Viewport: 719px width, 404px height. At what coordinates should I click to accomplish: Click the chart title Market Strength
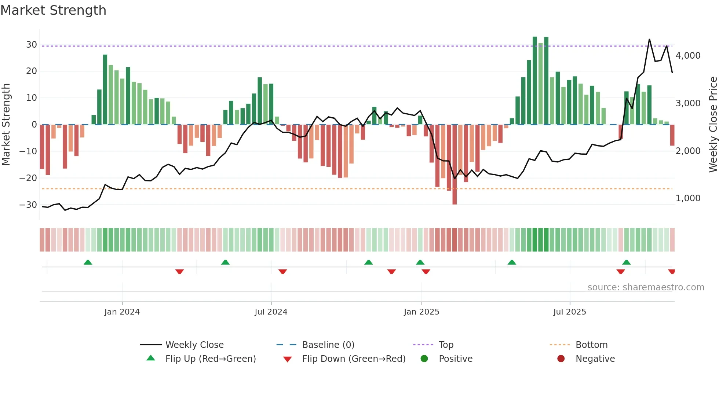[x=53, y=10]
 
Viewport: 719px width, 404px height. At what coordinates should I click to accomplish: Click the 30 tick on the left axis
[x=32, y=45]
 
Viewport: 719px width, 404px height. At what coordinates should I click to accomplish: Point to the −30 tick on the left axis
[x=28, y=205]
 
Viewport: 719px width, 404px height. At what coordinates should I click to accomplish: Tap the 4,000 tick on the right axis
[x=688, y=56]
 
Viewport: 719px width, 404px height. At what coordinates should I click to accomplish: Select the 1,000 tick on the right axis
[x=688, y=198]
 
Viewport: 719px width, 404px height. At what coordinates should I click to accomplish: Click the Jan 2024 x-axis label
[x=122, y=312]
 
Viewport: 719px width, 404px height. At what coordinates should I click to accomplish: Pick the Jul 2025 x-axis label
[x=569, y=312]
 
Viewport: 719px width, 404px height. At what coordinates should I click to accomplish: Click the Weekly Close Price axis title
[x=713, y=125]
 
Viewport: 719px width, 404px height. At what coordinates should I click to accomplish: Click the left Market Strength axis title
[x=6, y=125]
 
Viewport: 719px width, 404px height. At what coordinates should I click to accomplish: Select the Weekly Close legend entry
[x=194, y=345]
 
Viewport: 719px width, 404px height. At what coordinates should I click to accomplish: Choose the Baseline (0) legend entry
[x=328, y=345]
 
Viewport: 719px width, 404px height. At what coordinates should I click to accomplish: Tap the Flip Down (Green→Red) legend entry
[x=353, y=359]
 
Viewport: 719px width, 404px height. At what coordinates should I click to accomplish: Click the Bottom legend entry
[x=591, y=345]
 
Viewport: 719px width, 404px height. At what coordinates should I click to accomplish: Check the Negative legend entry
[x=595, y=359]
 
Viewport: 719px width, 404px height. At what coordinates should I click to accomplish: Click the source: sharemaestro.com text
[x=646, y=287]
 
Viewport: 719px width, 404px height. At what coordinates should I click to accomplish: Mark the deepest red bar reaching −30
[x=455, y=165]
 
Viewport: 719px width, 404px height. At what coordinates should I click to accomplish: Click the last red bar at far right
[x=672, y=135]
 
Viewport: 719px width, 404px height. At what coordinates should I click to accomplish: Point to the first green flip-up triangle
[x=88, y=262]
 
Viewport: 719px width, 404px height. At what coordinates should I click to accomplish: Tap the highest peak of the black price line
[x=649, y=40]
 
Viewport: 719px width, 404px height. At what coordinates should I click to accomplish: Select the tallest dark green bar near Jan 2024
[x=105, y=90]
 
